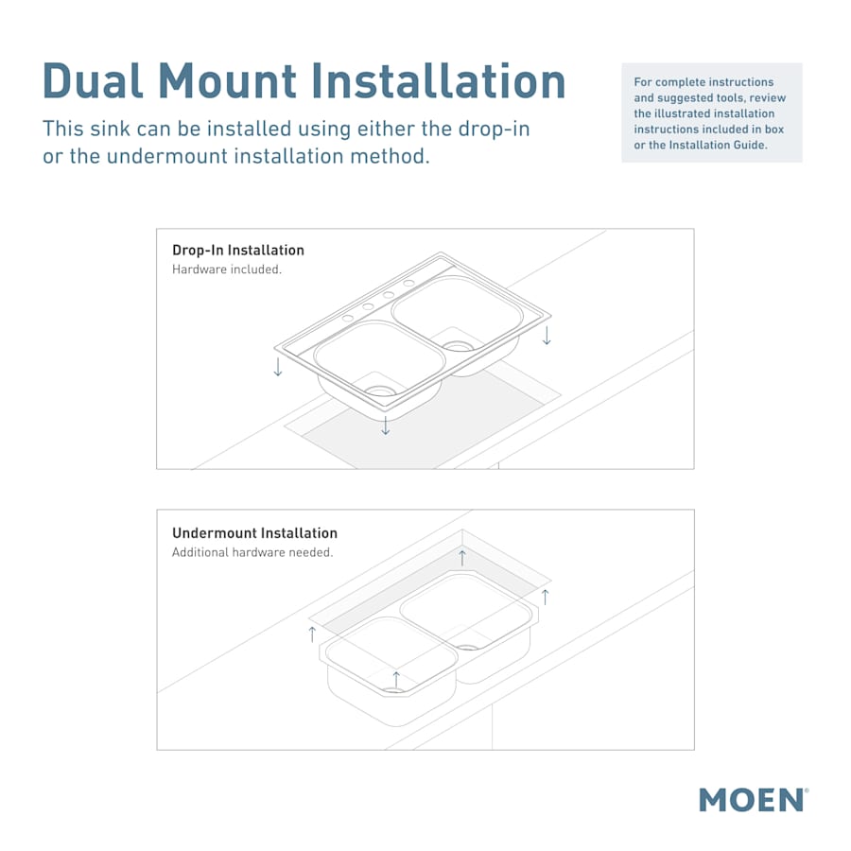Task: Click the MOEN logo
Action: pos(753,799)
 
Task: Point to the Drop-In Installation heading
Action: pos(238,251)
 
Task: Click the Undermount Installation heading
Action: pos(254,533)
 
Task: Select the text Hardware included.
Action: pos(227,269)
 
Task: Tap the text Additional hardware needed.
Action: pos(252,552)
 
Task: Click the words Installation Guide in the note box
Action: pos(718,145)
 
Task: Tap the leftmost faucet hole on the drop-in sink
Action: pos(347,317)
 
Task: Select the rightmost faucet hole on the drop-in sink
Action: pos(408,283)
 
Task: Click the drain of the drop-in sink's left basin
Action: pos(380,390)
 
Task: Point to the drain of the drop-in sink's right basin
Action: pos(459,346)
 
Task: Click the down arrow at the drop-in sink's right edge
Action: pos(547,336)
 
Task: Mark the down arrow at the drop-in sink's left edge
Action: pos(278,367)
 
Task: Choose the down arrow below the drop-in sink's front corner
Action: pos(385,426)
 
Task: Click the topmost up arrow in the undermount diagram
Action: pos(462,557)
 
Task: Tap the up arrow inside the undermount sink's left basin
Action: pos(395,679)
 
